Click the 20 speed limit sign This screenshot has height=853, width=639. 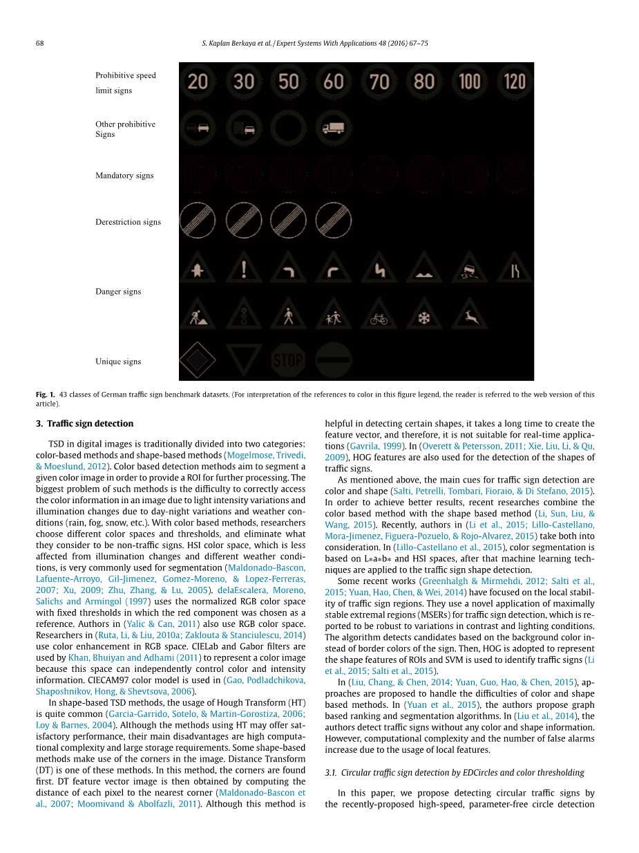tap(198, 82)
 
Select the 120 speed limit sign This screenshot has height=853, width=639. tap(515, 82)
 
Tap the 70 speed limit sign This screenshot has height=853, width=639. tap(379, 82)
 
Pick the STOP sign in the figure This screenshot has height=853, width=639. tap(288, 360)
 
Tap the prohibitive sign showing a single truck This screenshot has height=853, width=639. tap(334, 128)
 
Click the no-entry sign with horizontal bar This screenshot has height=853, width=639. tap(334, 360)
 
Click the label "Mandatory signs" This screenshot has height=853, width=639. tap(124, 176)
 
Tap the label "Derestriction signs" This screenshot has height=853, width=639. tap(128, 222)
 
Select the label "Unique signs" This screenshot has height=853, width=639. tap(118, 362)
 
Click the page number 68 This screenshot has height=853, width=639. tap(40, 43)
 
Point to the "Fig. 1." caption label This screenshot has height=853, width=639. tap(45, 395)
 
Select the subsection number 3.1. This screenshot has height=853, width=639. tap(330, 773)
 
